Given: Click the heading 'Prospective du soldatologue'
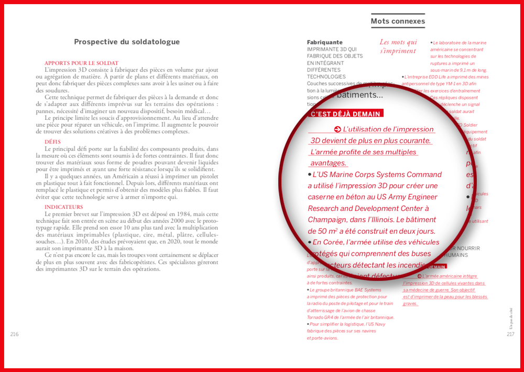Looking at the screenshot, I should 127,42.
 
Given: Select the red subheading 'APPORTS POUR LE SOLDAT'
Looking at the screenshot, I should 81,63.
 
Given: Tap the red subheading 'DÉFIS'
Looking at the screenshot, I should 52,142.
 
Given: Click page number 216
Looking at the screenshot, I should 14,334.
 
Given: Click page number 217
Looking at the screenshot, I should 511,334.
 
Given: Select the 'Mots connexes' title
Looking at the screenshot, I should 398,21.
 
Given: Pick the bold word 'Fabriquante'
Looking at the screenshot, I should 325,42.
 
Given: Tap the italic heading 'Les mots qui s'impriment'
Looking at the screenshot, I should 398,47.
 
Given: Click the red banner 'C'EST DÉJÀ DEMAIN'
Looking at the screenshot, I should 346,114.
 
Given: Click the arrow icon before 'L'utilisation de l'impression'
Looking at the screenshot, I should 338,129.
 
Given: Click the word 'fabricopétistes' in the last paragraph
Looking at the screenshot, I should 126,262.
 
